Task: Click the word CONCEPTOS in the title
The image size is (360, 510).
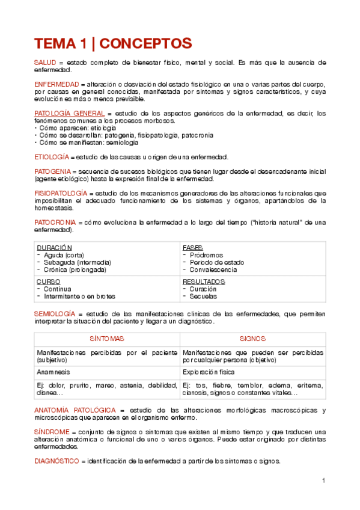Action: click(x=147, y=43)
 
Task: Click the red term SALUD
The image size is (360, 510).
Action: click(x=44, y=63)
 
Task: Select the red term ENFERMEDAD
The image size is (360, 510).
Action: click(x=56, y=84)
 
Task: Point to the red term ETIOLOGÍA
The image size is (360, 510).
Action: click(x=51, y=157)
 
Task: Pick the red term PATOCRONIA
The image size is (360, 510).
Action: click(x=55, y=223)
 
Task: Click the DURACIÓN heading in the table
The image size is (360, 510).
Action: click(x=54, y=248)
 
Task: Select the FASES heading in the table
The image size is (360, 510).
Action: click(x=192, y=248)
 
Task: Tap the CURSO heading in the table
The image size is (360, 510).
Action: click(x=48, y=281)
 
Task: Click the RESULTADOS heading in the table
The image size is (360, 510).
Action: click(x=204, y=281)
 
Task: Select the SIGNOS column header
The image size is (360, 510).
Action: click(x=252, y=339)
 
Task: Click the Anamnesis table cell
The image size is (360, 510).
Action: click(x=53, y=372)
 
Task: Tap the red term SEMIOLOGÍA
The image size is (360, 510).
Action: click(x=55, y=314)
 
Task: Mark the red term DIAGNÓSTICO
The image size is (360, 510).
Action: click(x=56, y=461)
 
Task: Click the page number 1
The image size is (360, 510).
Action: click(x=323, y=481)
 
